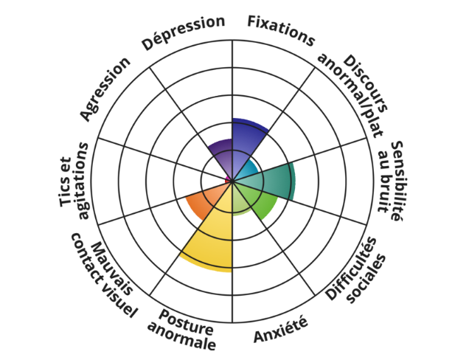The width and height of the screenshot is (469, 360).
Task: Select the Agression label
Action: pos(105,87)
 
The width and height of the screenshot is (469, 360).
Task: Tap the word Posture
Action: pos(187,322)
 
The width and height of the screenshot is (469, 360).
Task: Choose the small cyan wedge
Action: pos(249,170)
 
